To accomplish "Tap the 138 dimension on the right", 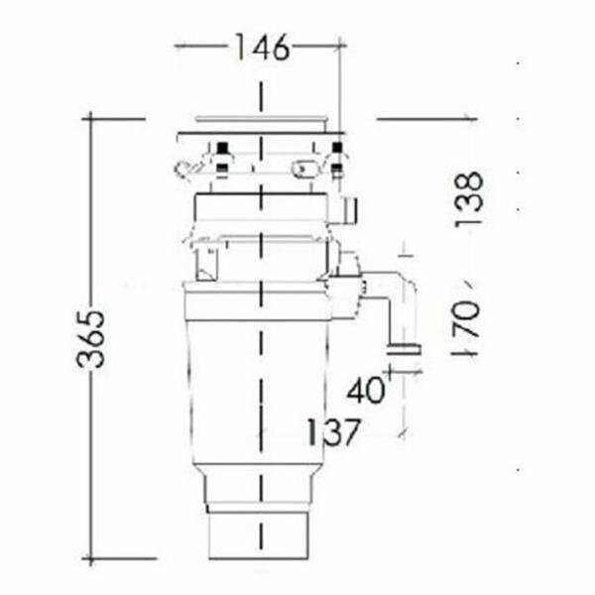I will click(470, 199).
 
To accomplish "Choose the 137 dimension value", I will click(333, 432).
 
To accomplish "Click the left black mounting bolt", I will click(222, 157).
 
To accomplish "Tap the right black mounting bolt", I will click(337, 157).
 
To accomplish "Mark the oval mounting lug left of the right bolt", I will click(305, 170).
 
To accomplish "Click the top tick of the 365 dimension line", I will click(91, 118).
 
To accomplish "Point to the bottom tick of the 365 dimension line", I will click(91, 559).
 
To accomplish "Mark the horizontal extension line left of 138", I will click(426, 120).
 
